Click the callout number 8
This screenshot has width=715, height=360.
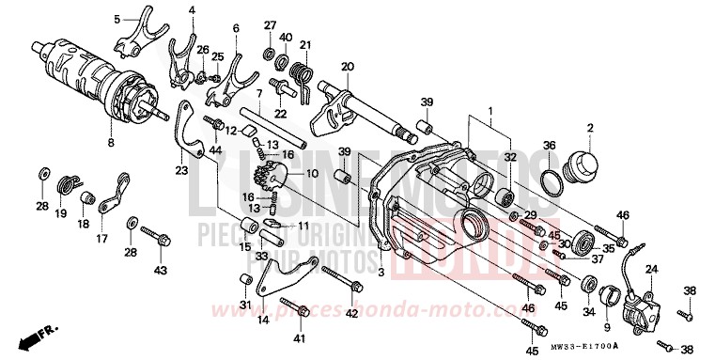pos(110,143)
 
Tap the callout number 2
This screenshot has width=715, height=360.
pos(590,127)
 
